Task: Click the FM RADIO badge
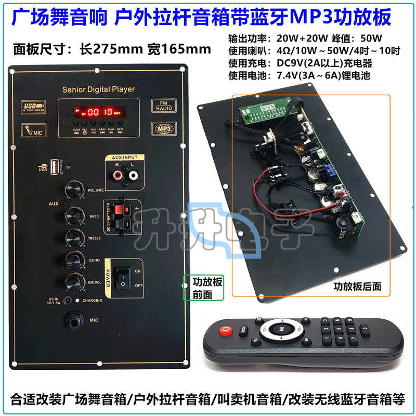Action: pyautogui.click(x=163, y=106)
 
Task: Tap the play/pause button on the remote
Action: pyautogui.click(x=281, y=329)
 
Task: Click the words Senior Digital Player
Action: pyautogui.click(x=98, y=89)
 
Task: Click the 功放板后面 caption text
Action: pyautogui.click(x=357, y=285)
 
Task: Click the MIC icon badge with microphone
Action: pyautogui.click(x=33, y=131)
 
